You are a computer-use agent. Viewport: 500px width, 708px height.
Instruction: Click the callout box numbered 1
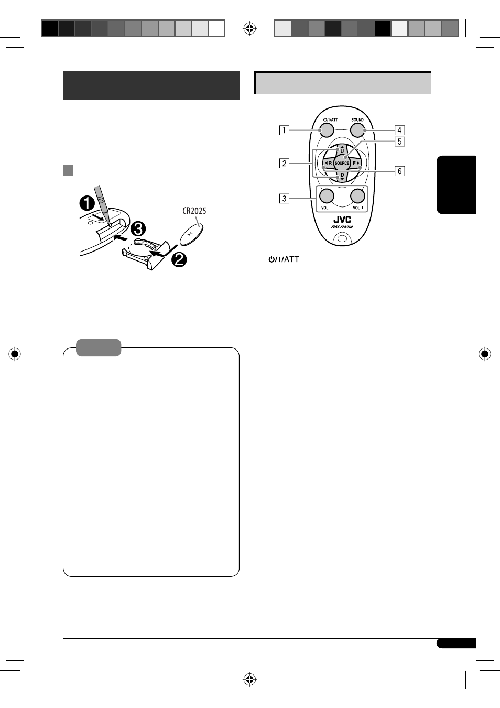(x=284, y=130)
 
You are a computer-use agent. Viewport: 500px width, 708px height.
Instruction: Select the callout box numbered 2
(x=284, y=163)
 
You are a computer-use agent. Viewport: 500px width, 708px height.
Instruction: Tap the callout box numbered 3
(x=284, y=199)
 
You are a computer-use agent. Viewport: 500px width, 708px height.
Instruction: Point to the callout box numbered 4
(x=399, y=130)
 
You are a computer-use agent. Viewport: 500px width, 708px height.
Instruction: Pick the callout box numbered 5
(x=399, y=141)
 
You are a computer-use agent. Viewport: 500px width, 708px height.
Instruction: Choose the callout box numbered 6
(x=399, y=171)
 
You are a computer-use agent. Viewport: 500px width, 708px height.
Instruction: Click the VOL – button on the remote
(x=327, y=196)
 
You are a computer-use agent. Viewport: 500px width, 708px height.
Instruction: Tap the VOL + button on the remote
(x=358, y=196)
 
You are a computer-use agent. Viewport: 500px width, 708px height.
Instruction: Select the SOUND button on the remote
(x=357, y=130)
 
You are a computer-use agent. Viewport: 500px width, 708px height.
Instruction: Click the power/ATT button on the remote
(x=327, y=130)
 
